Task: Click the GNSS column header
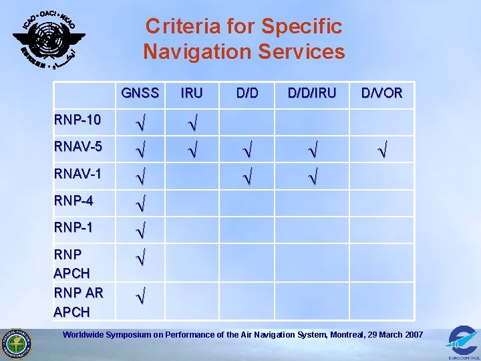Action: pyautogui.click(x=140, y=93)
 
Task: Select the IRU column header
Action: pyautogui.click(x=192, y=93)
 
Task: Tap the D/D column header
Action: pyautogui.click(x=247, y=93)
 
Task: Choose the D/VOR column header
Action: pyautogui.click(x=382, y=93)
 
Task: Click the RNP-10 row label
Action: pyautogui.click(x=77, y=120)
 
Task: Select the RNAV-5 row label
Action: pyautogui.click(x=77, y=146)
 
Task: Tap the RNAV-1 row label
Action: pyautogui.click(x=77, y=173)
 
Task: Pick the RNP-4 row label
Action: pyautogui.click(x=73, y=201)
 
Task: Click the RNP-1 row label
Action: pyautogui.click(x=73, y=227)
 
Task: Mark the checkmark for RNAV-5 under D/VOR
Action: pyautogui.click(x=381, y=148)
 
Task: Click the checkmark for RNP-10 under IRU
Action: pyautogui.click(x=192, y=122)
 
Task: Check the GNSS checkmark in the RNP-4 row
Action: pyautogui.click(x=140, y=202)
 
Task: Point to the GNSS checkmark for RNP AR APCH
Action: pyautogui.click(x=140, y=294)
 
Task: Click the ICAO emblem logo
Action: pyautogui.click(x=49, y=37)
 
